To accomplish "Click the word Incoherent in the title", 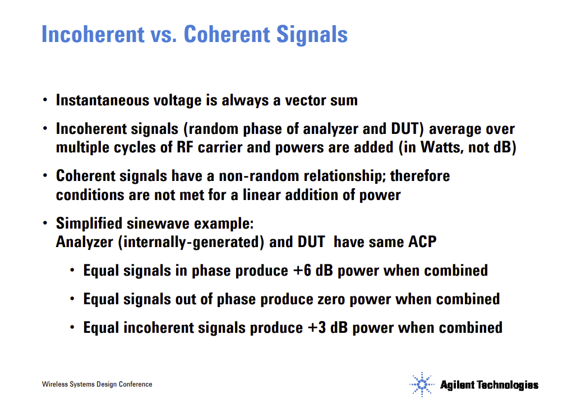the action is coord(93,34).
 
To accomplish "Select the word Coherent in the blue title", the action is coord(227,34).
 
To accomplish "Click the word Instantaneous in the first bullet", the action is coord(102,100).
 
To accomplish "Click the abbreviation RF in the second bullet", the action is coord(184,147).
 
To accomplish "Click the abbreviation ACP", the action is coord(422,242).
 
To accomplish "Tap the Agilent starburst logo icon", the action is coord(422,384).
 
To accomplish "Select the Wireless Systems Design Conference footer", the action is coord(97,384).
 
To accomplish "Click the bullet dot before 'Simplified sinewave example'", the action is coord(45,223).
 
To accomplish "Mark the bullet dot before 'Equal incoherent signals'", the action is coord(72,327).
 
